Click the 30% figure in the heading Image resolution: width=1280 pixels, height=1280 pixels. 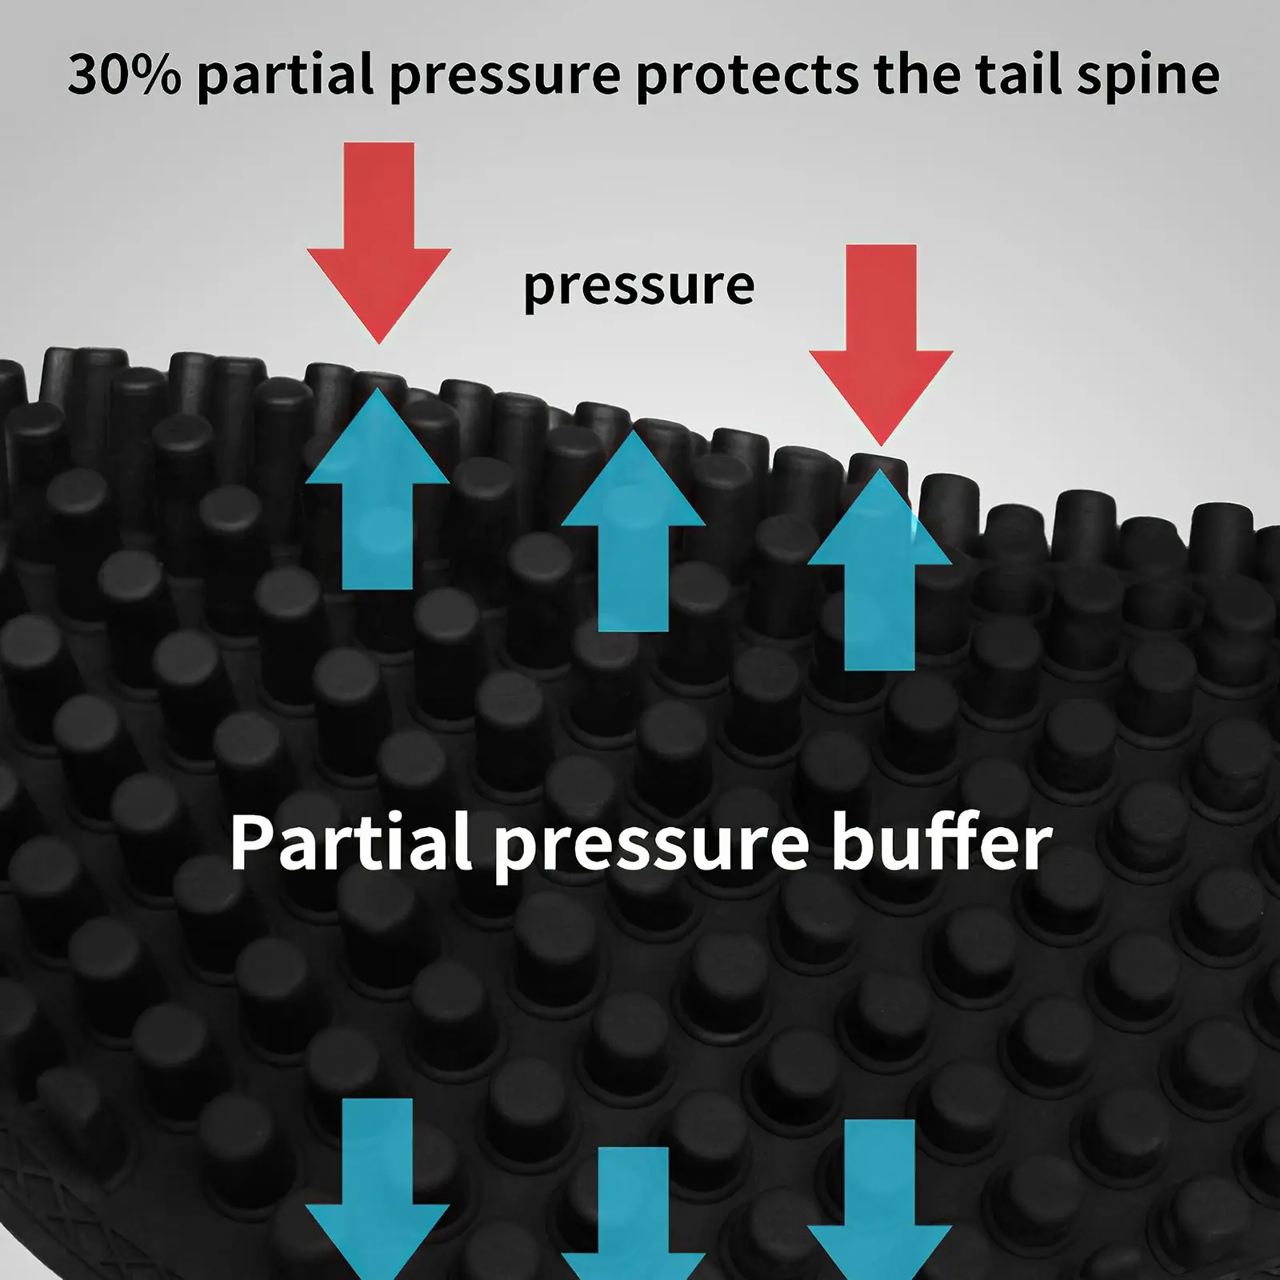124,74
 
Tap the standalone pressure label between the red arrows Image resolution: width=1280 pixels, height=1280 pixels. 638,286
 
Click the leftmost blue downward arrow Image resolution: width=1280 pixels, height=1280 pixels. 378,1184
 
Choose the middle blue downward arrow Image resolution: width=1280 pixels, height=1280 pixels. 633,1216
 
